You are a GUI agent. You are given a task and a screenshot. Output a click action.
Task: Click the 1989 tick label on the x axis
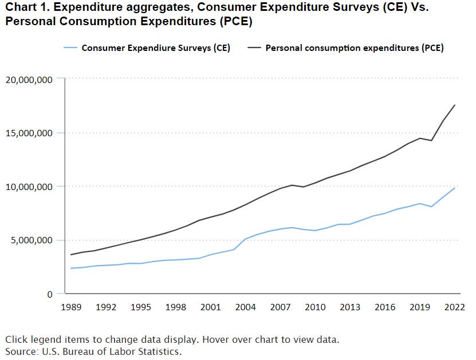71,307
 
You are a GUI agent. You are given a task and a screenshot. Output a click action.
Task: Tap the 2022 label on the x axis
455,307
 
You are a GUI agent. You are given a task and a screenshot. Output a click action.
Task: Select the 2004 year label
246,307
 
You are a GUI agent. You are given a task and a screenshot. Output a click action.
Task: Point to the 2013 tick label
350,307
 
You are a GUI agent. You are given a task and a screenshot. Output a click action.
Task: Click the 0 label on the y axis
50,294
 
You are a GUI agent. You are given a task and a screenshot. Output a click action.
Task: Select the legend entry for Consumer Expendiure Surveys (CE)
156,48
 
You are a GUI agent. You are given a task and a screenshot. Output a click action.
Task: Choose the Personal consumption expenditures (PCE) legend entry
355,48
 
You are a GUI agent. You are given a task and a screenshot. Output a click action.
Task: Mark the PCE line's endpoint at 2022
455,105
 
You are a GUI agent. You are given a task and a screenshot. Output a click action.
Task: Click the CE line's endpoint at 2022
455,188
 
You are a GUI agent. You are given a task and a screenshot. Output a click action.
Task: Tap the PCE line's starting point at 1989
71,255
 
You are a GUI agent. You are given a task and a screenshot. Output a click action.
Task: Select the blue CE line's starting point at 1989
71,268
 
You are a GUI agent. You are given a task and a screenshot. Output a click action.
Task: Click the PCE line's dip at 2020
431,141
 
